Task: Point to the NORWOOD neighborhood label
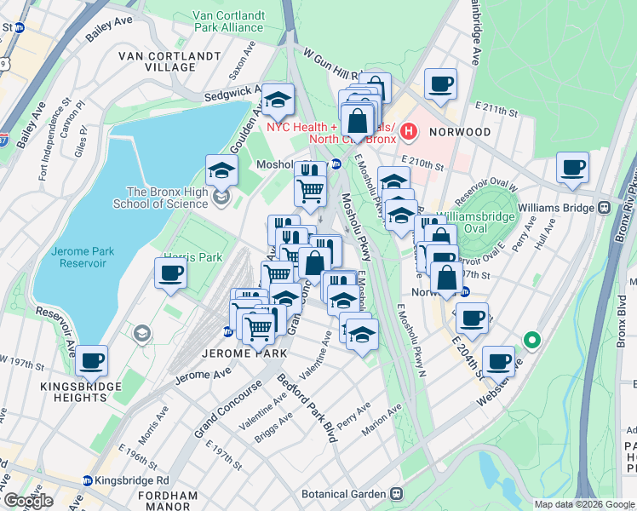click(460, 132)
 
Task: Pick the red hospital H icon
click(409, 131)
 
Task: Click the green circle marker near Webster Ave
click(533, 342)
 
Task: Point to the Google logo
click(27, 501)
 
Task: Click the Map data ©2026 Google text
click(584, 504)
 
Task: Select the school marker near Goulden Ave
click(278, 100)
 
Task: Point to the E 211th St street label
click(496, 111)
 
